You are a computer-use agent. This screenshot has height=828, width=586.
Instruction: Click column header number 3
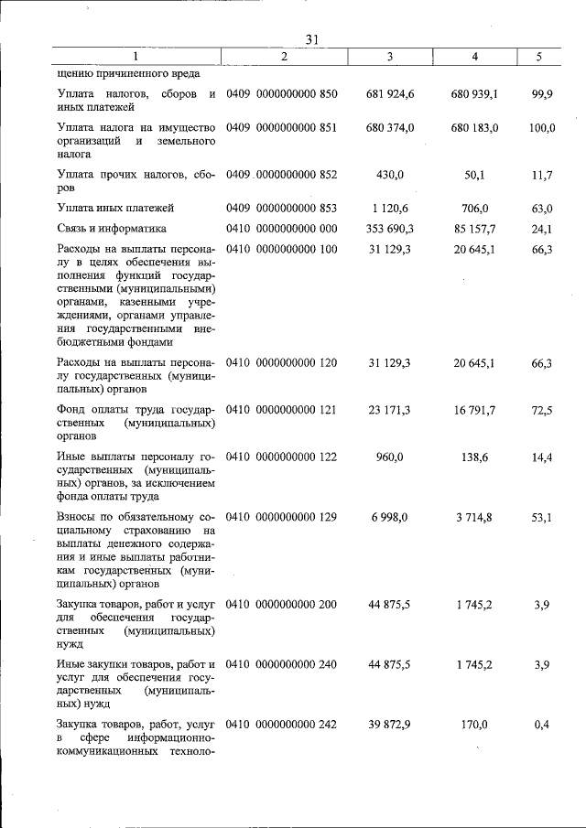pyautogui.click(x=390, y=57)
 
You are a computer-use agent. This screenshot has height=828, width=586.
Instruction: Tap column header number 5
pyautogui.click(x=539, y=57)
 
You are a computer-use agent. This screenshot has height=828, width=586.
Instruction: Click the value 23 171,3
pyautogui.click(x=390, y=410)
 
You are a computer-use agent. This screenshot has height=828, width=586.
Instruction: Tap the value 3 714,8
pyautogui.click(x=475, y=517)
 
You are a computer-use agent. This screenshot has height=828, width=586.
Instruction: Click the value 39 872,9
pyautogui.click(x=390, y=724)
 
